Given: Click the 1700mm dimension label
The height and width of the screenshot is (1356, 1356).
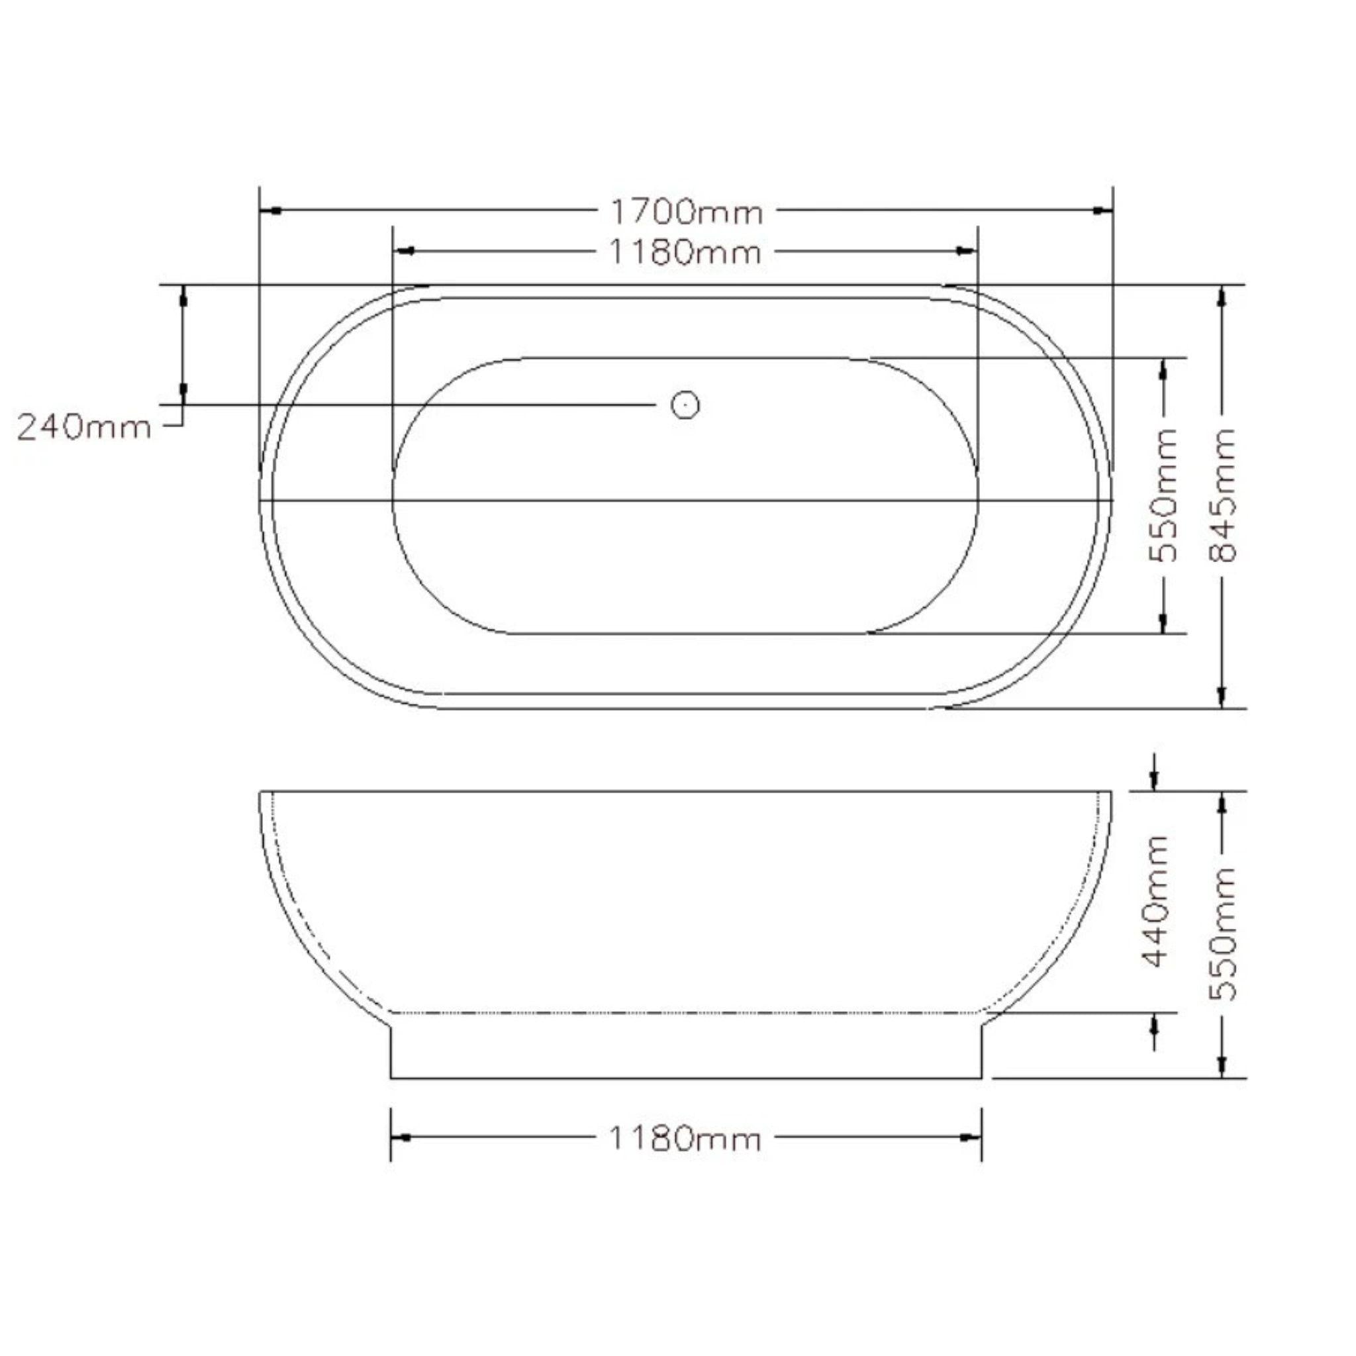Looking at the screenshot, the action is point(686,211).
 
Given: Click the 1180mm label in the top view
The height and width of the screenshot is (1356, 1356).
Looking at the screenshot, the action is point(685,253).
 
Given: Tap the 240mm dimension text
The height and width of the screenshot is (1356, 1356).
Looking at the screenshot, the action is point(84,427).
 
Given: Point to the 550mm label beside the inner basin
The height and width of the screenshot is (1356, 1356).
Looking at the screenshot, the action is point(1163,495).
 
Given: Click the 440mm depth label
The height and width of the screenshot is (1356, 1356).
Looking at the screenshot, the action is point(1156,901).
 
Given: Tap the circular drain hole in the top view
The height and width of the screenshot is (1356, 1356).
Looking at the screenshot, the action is point(685,405).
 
